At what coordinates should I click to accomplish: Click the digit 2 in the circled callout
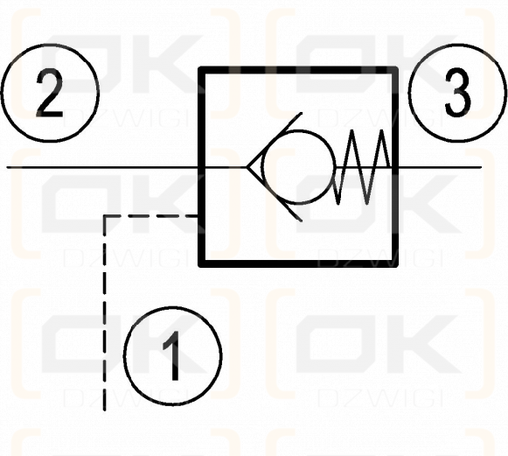(50, 93)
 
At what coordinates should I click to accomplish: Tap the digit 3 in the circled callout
(457, 93)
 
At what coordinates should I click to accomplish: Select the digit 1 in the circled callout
(172, 355)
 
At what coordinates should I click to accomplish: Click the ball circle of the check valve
(298, 167)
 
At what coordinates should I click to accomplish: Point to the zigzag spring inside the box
(362, 167)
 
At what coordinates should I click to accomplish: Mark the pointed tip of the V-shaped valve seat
(247, 167)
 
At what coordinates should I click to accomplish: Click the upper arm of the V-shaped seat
(274, 140)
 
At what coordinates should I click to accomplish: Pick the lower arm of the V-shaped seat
(274, 194)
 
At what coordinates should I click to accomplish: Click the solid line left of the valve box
(102, 167)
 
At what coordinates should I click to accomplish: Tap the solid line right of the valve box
(440, 167)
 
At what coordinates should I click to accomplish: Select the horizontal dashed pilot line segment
(150, 215)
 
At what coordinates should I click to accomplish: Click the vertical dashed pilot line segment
(105, 313)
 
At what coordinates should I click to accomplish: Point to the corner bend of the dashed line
(105, 215)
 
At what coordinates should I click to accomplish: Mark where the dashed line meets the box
(198, 215)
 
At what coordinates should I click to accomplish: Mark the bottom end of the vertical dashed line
(105, 410)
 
